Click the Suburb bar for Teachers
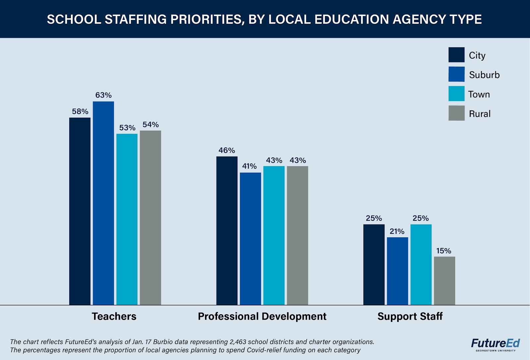tap(103, 203)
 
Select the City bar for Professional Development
tap(227, 230)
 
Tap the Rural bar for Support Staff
tap(445, 280)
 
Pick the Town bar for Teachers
tap(127, 219)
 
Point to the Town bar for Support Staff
tap(421, 265)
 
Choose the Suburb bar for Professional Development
tap(250, 239)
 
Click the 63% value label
tap(103, 95)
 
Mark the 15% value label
tap(444, 251)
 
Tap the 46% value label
tap(227, 150)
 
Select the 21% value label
tap(397, 231)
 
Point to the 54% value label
tap(151, 125)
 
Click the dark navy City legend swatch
tap(456, 55)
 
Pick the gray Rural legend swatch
tap(456, 113)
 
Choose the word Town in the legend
tap(479, 94)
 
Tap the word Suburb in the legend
tap(484, 75)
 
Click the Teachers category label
tap(114, 316)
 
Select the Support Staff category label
tap(410, 316)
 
